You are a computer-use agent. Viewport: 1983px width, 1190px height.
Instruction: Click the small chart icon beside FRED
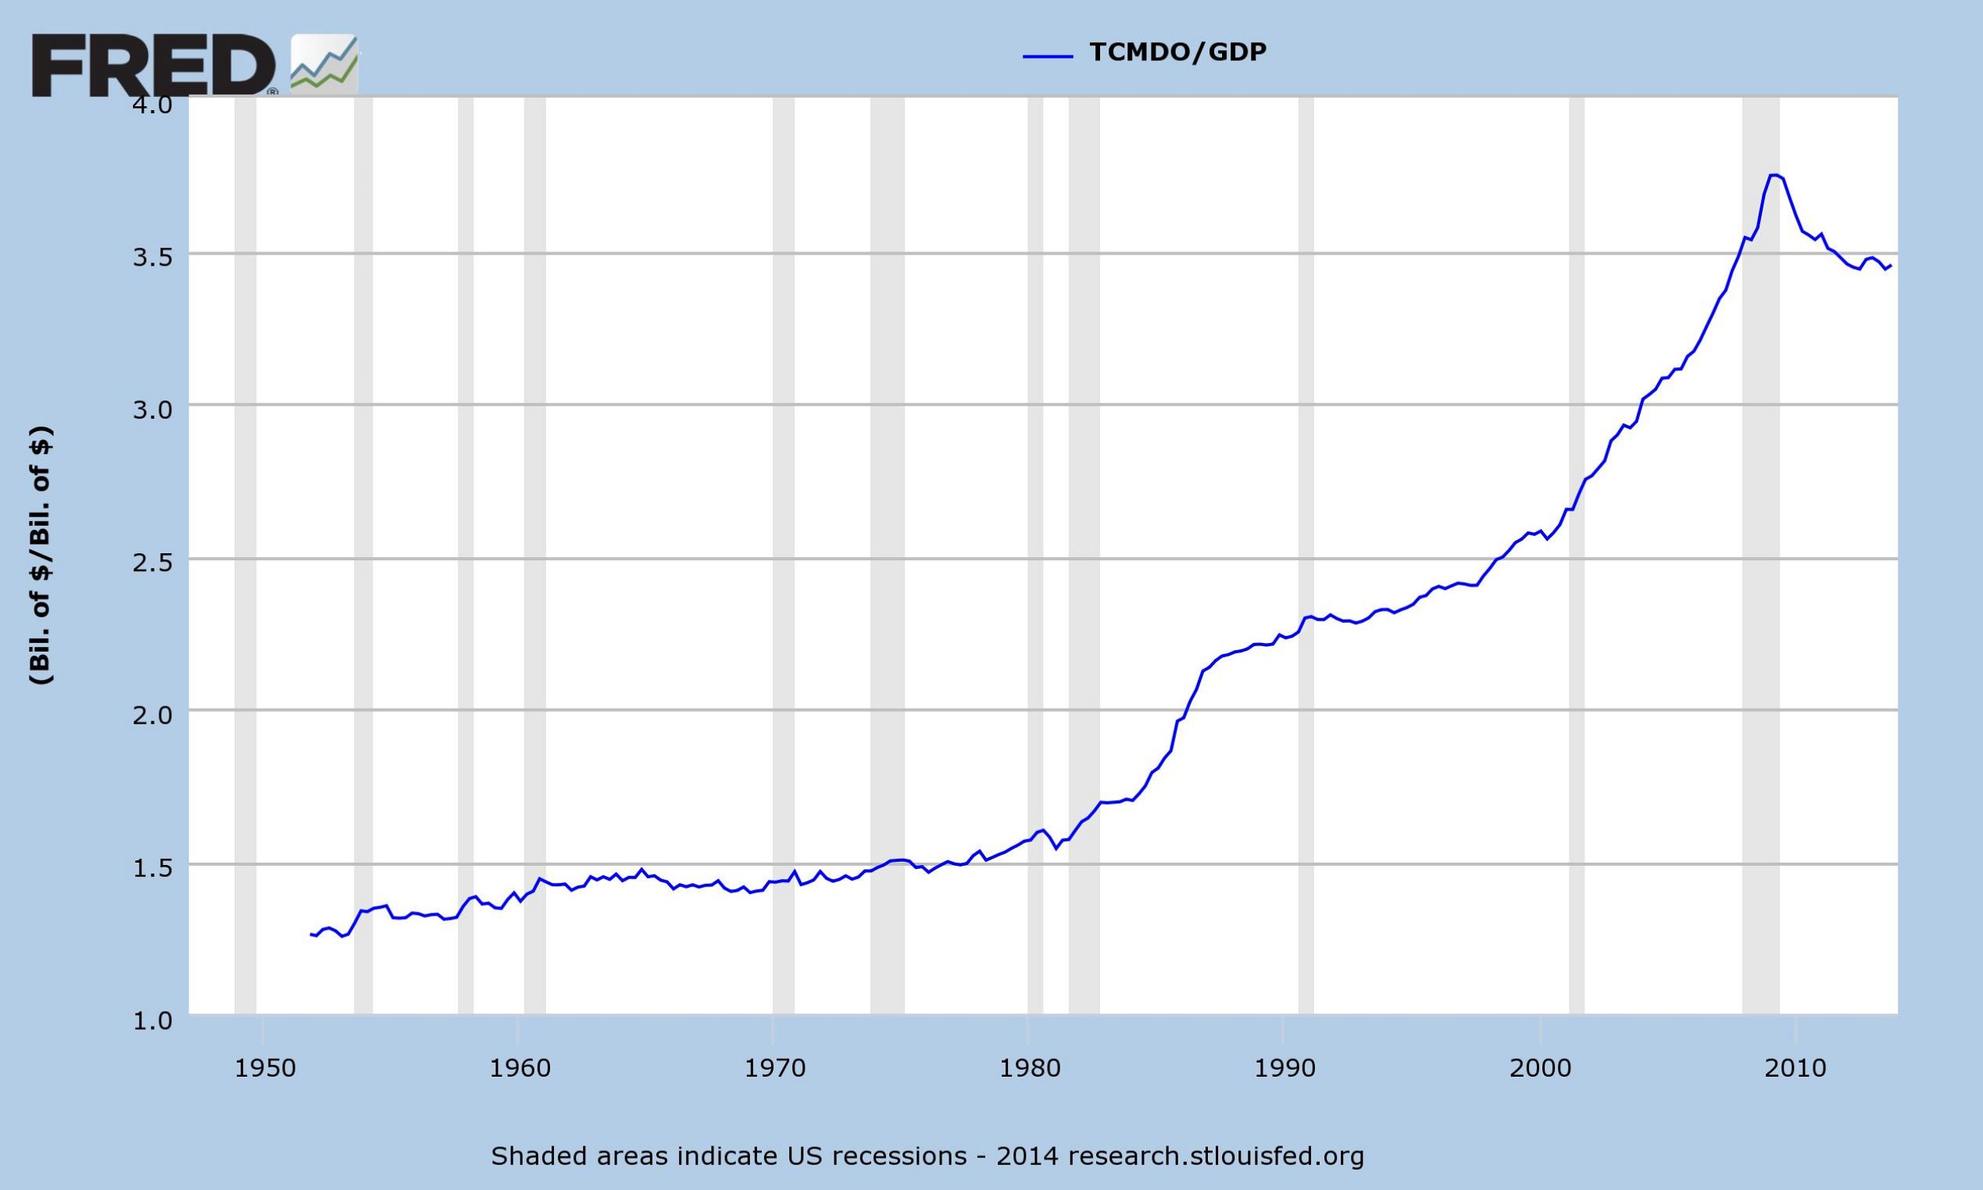point(324,64)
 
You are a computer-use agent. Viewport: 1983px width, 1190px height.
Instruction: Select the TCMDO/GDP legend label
point(1177,52)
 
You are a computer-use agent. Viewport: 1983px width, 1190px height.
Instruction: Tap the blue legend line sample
point(1047,55)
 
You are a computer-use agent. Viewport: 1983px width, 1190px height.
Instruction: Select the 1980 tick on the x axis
point(1027,1069)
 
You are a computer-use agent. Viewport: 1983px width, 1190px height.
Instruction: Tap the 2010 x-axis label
point(1795,1069)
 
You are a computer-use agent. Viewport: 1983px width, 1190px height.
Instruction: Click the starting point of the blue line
point(310,934)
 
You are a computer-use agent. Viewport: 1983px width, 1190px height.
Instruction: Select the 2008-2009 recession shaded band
point(1761,561)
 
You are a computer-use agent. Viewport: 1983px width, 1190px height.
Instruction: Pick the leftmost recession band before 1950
point(245,561)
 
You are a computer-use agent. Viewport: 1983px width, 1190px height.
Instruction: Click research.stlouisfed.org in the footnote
point(1215,1156)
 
